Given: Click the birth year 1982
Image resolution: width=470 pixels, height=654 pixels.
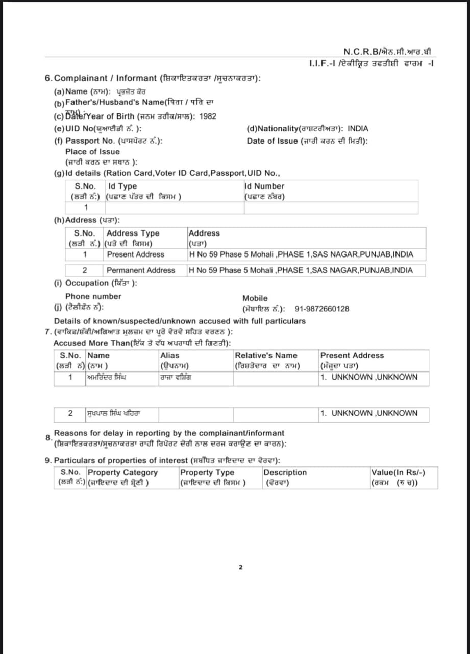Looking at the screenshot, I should pyautogui.click(x=208, y=116).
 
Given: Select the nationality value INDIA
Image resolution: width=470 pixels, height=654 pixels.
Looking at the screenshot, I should pyautogui.click(x=358, y=129).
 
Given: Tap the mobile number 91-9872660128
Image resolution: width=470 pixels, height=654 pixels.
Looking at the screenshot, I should pyautogui.click(x=322, y=309).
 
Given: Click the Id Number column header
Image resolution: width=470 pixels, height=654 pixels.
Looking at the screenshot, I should pyautogui.click(x=264, y=186).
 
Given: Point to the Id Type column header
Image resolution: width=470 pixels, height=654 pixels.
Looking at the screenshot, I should pyautogui.click(x=122, y=186).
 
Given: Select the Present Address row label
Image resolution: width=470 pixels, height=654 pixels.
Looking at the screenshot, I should pyautogui.click(x=135, y=254).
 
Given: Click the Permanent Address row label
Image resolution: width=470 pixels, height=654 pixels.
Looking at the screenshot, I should pyautogui.click(x=140, y=270).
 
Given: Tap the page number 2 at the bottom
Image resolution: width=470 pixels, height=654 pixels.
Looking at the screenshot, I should pyautogui.click(x=240, y=567).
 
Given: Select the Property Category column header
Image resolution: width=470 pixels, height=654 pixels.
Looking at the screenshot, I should pyautogui.click(x=122, y=472).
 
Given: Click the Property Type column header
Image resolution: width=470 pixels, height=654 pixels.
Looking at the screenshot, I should pyautogui.click(x=207, y=472).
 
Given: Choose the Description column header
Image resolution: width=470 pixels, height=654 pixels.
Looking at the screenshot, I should pyautogui.click(x=285, y=472).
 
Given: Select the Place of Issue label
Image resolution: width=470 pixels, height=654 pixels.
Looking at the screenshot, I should pyautogui.click(x=92, y=152).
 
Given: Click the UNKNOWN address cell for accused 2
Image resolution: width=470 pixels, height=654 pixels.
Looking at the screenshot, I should pyautogui.click(x=369, y=413).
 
